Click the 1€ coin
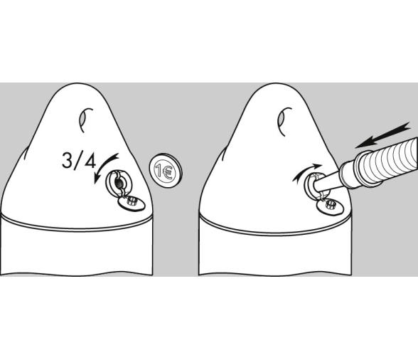(x=166, y=171)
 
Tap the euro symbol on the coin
(x=168, y=172)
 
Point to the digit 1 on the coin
(x=159, y=171)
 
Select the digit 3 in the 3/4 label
(x=68, y=160)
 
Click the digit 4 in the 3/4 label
(x=90, y=160)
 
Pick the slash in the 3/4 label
(x=78, y=160)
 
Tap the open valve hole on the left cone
(x=119, y=183)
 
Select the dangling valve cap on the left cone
(x=131, y=203)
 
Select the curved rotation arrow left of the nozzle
(x=306, y=171)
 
